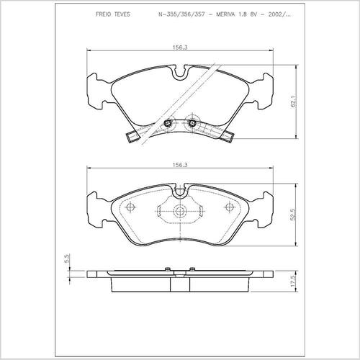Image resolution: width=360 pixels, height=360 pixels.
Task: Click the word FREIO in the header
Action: click(x=103, y=14)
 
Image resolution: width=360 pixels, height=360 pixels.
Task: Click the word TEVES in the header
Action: click(x=122, y=14)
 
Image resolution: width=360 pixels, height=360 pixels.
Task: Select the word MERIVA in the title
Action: click(x=226, y=14)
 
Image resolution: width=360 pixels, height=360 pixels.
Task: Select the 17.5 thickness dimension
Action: click(x=292, y=281)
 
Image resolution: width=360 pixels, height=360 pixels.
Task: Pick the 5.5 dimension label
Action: click(x=68, y=258)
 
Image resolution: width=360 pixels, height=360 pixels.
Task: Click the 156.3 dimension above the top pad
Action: click(x=180, y=48)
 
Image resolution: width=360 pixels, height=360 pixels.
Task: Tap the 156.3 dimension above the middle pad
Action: click(x=180, y=165)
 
